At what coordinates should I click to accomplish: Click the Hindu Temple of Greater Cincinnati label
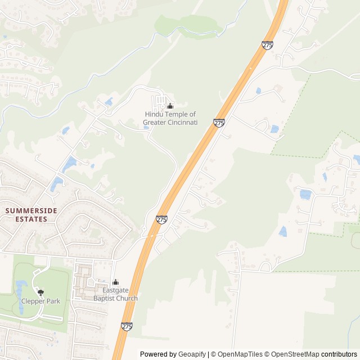[170, 118]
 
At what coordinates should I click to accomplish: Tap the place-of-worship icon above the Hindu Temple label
[170, 106]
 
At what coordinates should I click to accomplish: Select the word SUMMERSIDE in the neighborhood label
[31, 210]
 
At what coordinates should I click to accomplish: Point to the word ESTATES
[31, 219]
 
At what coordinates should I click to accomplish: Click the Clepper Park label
[40, 301]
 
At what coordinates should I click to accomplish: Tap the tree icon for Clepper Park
[40, 292]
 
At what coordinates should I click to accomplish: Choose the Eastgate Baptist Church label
[115, 294]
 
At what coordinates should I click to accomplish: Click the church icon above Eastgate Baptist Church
[115, 282]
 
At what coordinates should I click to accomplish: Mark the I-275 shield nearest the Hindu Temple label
[219, 123]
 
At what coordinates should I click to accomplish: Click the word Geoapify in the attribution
[192, 354]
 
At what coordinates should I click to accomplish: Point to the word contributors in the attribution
[339, 354]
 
